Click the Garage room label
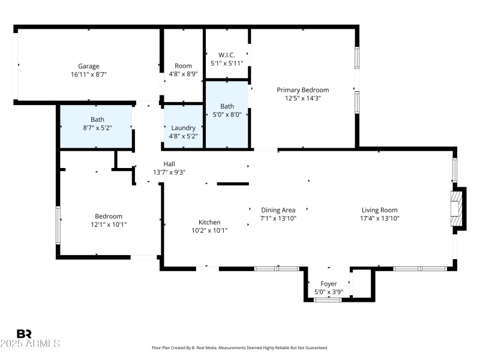pyautogui.click(x=89, y=66)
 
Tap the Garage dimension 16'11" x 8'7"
pyautogui.click(x=89, y=74)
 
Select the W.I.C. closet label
pyautogui.click(x=227, y=54)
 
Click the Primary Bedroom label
pyautogui.click(x=302, y=90)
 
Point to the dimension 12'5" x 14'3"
pyautogui.click(x=302, y=98)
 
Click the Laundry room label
pyautogui.click(x=183, y=128)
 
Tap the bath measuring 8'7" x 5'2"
pyautogui.click(x=97, y=123)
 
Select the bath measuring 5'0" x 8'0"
pyautogui.click(x=227, y=110)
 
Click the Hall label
pyautogui.click(x=169, y=164)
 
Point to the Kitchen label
pyautogui.click(x=209, y=222)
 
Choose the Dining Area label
pyautogui.click(x=278, y=210)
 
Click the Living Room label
pyautogui.click(x=379, y=210)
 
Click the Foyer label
pyautogui.click(x=328, y=284)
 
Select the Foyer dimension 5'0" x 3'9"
pyautogui.click(x=328, y=292)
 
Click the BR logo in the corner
pyautogui.click(x=24, y=334)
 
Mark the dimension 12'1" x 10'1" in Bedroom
pyautogui.click(x=109, y=224)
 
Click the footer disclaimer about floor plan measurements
pyautogui.click(x=240, y=347)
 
